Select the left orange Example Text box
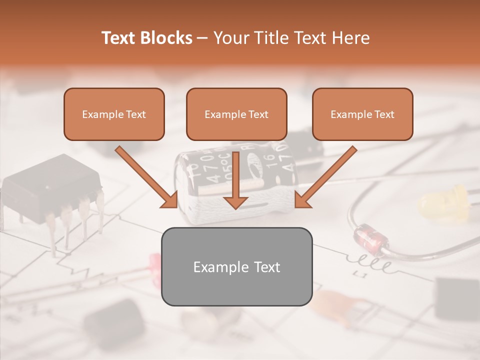coord(114,114)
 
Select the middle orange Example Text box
coord(236,114)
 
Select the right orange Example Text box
coord(362,114)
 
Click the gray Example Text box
coord(236,266)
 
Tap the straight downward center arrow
coord(235,180)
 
